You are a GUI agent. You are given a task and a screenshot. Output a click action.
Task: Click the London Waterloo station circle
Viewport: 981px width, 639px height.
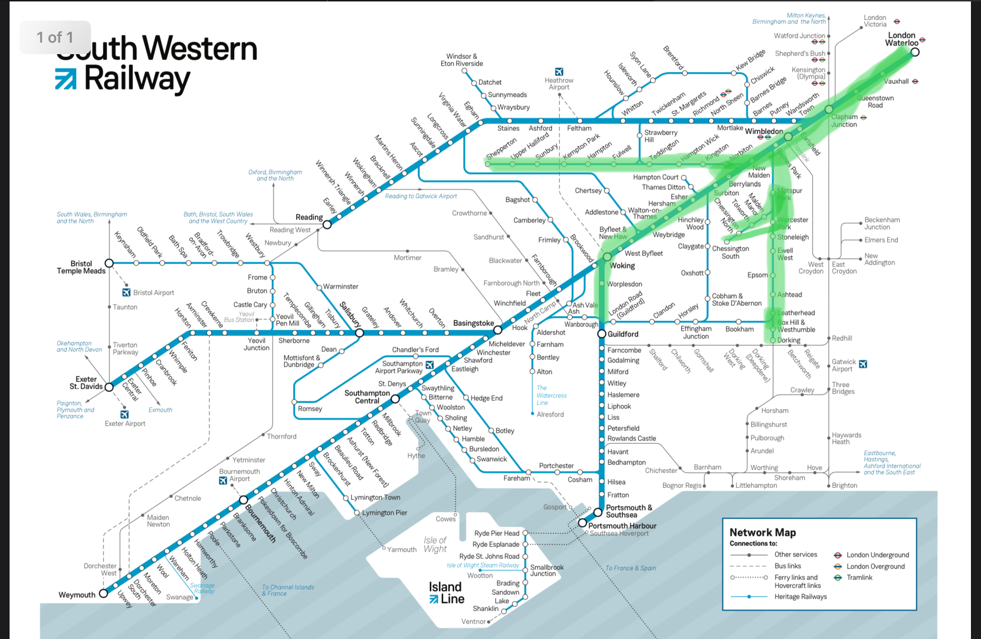(915, 52)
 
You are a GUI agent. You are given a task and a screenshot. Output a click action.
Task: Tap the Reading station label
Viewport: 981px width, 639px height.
(309, 217)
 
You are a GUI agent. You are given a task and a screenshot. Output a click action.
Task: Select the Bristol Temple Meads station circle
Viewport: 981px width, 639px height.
(109, 263)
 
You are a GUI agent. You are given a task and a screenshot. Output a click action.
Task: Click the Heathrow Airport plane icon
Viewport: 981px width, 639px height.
(559, 71)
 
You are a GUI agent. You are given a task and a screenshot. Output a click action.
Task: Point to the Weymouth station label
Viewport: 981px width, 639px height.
(77, 595)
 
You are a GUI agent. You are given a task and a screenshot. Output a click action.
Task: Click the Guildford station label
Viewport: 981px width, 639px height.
(623, 334)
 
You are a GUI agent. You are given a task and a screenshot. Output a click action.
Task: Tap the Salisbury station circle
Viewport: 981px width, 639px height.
(359, 333)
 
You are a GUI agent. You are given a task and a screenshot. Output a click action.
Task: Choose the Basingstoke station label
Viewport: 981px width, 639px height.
(473, 323)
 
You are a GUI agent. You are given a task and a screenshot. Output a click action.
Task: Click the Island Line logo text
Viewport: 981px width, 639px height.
(446, 593)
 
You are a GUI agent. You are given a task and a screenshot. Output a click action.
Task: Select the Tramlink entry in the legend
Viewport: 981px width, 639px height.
(859, 578)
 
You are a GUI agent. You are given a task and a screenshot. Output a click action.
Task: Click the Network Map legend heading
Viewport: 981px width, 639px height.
(763, 533)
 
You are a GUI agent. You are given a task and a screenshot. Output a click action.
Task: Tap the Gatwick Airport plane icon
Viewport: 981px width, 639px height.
(863, 364)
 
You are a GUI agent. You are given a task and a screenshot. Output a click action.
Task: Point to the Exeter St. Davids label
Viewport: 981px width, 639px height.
(86, 383)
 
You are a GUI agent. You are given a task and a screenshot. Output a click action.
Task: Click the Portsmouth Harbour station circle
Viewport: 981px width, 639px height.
(582, 523)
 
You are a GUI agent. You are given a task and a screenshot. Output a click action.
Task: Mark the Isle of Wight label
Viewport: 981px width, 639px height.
(435, 545)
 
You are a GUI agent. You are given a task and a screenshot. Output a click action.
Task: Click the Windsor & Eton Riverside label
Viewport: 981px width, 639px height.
(461, 60)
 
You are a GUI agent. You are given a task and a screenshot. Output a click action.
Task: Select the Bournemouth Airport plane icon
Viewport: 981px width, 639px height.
(223, 480)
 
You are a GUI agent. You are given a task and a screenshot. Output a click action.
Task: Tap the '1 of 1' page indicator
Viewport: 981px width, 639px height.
(55, 37)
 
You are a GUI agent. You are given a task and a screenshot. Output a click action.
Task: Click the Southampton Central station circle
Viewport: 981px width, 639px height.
(395, 399)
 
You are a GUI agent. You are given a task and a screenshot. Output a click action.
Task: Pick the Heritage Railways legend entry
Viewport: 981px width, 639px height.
(800, 597)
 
